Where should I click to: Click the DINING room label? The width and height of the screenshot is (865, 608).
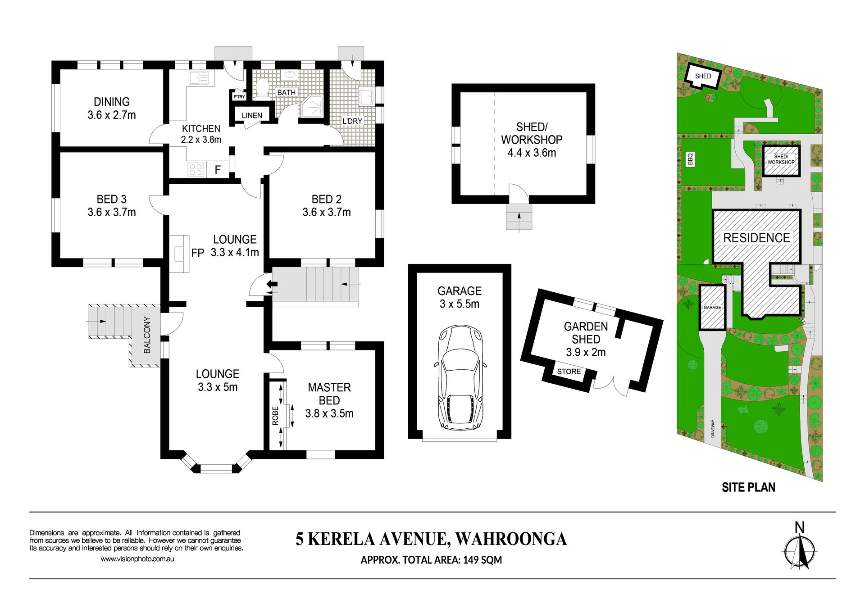tap(112, 102)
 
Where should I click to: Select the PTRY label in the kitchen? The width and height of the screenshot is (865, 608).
tap(239, 97)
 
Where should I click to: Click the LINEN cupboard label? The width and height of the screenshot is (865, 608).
tap(252, 115)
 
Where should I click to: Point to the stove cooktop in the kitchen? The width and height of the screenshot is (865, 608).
tap(196, 169)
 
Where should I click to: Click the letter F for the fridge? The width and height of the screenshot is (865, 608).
tap(218, 170)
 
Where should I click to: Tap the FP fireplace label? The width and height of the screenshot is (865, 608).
tap(197, 253)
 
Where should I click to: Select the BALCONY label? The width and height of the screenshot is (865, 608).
tap(147, 335)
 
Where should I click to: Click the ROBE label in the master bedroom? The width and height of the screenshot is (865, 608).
tap(275, 416)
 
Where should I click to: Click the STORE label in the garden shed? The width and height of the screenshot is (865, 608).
tap(569, 372)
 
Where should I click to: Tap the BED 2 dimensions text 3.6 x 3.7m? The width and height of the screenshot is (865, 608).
tap(327, 212)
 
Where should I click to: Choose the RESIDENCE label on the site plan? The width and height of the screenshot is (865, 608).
tap(756, 238)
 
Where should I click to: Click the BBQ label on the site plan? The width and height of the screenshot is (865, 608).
tap(690, 159)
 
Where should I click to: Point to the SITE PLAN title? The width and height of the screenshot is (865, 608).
tap(748, 487)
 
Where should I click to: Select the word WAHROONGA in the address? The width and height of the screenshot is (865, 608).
tap(511, 539)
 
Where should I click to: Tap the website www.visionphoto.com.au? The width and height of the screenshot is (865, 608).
tap(137, 559)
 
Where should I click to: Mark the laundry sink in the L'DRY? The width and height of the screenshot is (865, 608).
tap(366, 96)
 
